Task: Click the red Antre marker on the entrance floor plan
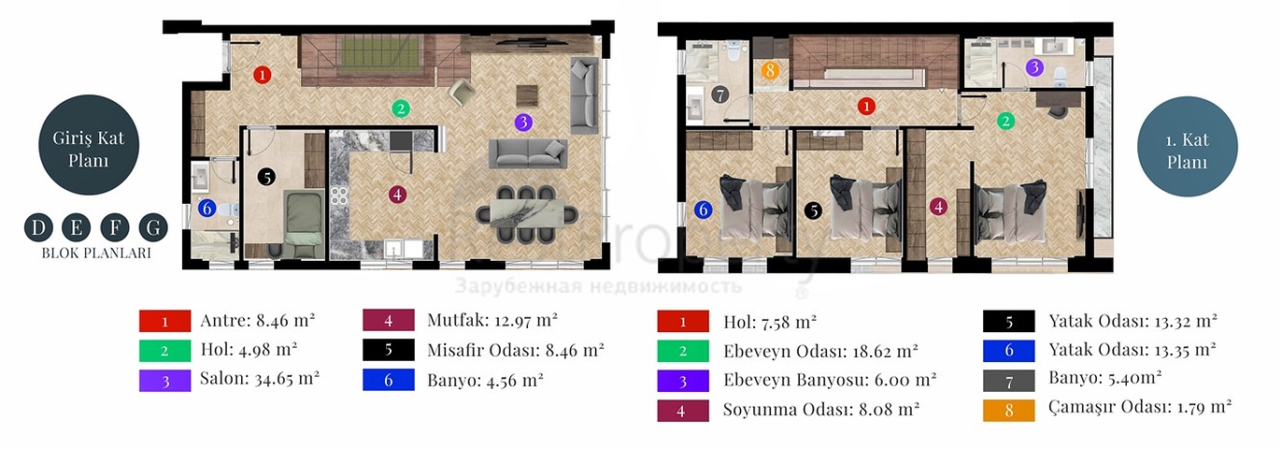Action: pyautogui.click(x=264, y=74)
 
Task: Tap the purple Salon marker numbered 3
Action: pyautogui.click(x=524, y=122)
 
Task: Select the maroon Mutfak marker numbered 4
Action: pyautogui.click(x=398, y=195)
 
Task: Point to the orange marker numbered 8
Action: pyautogui.click(x=769, y=69)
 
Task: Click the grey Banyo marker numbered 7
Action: pyautogui.click(x=719, y=94)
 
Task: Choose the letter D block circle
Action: pyautogui.click(x=37, y=227)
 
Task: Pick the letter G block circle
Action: pyautogui.click(x=152, y=227)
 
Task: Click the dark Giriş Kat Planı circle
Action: pyautogui.click(x=89, y=150)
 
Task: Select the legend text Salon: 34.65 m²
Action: pyautogui.click(x=260, y=379)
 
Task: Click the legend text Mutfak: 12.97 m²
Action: pyautogui.click(x=491, y=320)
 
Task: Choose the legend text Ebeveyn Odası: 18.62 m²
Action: pyautogui.click(x=820, y=351)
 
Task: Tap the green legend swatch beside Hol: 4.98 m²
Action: pyautogui.click(x=164, y=351)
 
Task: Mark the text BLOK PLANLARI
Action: pyautogui.click(x=95, y=253)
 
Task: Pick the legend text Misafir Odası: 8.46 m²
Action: pyautogui.click(x=515, y=350)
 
